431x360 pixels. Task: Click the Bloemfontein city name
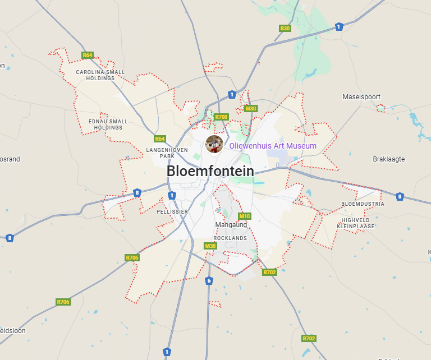tap(210, 171)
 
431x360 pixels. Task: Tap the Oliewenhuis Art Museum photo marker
tap(214, 144)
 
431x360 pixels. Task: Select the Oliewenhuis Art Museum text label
tap(273, 146)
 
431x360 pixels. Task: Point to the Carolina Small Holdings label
tap(100, 75)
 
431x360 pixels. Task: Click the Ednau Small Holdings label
tap(108, 124)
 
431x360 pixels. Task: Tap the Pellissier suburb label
tap(172, 212)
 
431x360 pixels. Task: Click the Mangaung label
tap(231, 225)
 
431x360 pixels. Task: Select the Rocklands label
tap(230, 238)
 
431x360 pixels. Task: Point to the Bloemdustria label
tap(363, 204)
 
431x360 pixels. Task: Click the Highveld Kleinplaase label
tap(356, 223)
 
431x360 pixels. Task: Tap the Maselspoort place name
tap(361, 97)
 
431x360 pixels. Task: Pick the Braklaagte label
tap(388, 159)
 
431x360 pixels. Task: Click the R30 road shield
tap(285, 28)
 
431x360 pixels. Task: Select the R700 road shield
tap(221, 117)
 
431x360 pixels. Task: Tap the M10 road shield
tap(245, 216)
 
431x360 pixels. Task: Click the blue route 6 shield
tap(209, 280)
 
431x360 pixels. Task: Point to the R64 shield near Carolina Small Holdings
tap(88, 56)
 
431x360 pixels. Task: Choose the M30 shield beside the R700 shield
tap(250, 109)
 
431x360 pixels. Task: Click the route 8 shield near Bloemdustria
tap(400, 197)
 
